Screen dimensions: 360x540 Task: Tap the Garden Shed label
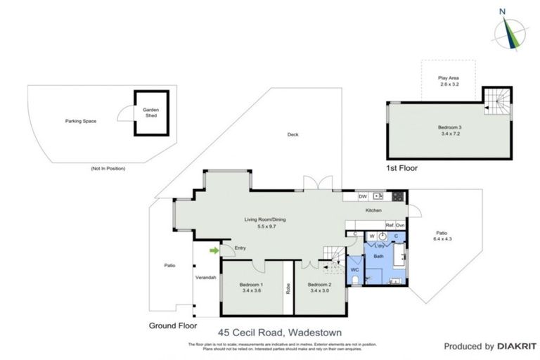150,112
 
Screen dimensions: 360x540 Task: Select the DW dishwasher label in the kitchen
363,196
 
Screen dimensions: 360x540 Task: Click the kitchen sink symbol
379,196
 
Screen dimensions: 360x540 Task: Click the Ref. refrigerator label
389,225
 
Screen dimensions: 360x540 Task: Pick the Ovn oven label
400,225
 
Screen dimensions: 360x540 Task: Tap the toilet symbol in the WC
355,281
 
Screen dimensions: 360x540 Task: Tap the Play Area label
448,78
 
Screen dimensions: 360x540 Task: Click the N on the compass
501,11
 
